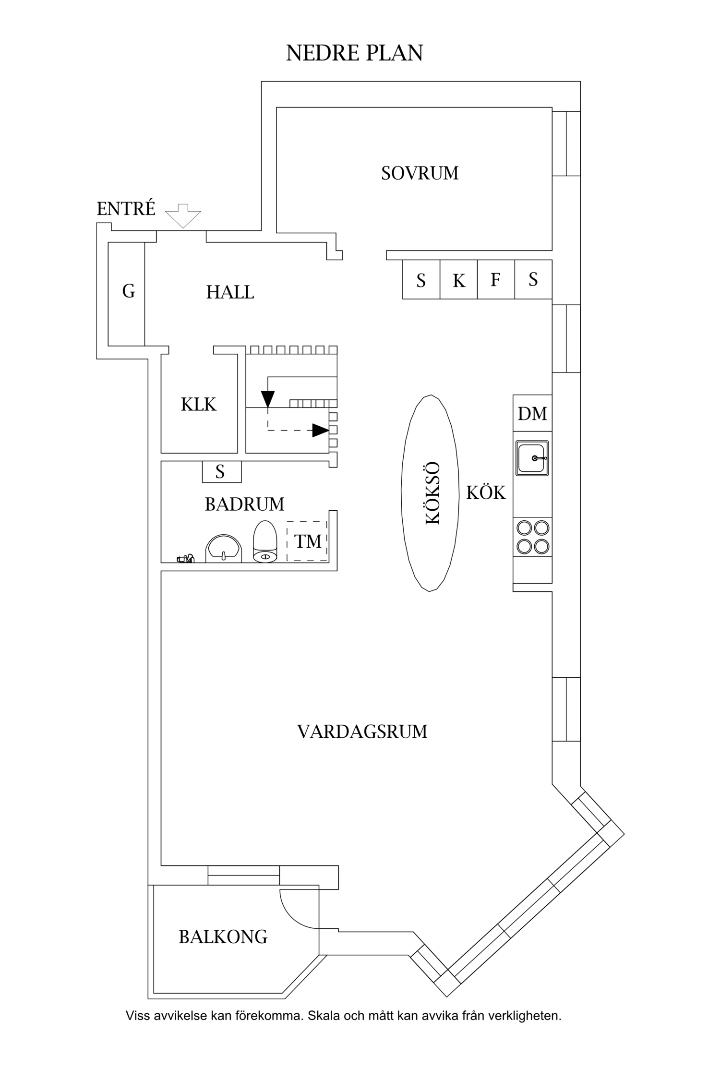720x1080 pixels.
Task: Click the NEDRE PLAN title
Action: (354, 53)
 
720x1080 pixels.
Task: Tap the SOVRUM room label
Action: (420, 173)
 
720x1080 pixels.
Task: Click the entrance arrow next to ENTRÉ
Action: (183, 216)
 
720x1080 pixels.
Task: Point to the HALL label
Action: (230, 292)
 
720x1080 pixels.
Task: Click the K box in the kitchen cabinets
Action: (458, 280)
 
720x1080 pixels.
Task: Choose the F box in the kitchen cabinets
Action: (495, 280)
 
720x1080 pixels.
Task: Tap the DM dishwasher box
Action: (532, 413)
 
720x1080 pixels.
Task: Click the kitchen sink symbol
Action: (532, 458)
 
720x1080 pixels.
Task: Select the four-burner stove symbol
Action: (532, 537)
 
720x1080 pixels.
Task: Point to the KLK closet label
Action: (198, 405)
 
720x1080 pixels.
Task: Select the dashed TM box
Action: (307, 541)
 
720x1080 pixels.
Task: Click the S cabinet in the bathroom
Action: (221, 472)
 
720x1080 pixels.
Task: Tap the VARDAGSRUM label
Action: (362, 732)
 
